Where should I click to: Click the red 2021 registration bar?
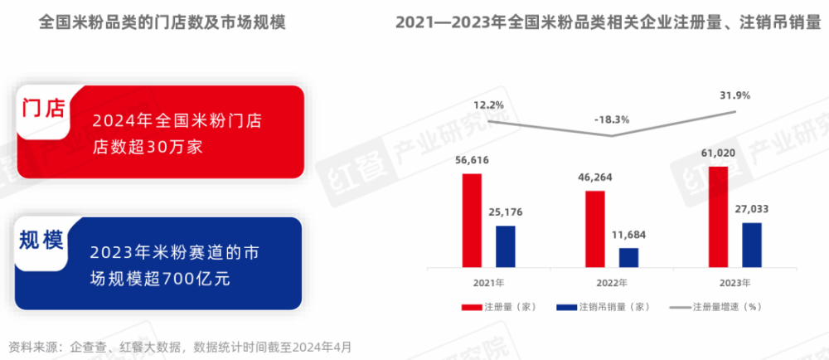(472, 221)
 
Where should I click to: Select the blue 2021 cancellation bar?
(505, 246)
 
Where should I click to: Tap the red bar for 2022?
(594, 229)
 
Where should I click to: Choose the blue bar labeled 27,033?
(752, 245)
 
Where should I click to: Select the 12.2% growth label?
(489, 105)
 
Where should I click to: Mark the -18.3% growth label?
(612, 119)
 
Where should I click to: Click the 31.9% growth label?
(735, 95)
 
